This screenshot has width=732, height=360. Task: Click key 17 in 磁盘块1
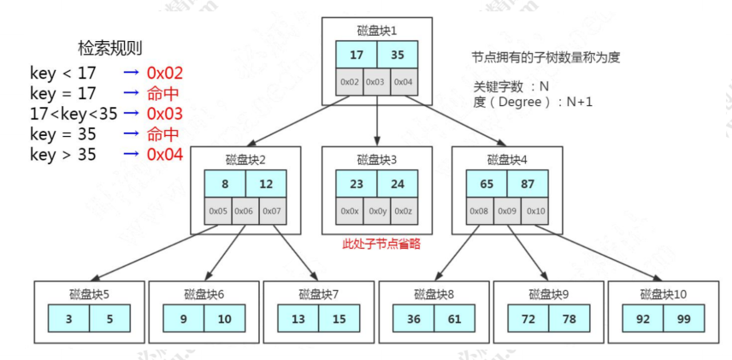pos(357,54)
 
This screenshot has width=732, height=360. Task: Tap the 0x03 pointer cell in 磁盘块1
pos(376,82)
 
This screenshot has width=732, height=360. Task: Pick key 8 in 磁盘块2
pos(225,184)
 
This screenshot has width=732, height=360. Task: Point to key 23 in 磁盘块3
pos(357,184)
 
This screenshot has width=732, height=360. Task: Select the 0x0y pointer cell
pos(376,211)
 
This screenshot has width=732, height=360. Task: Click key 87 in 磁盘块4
pos(527,184)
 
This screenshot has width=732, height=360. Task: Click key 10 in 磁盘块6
pos(224,319)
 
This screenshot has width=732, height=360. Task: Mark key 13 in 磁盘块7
pos(298,319)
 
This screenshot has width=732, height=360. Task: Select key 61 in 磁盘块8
pos(454,319)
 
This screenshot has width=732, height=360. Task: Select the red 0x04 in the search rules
pos(165,155)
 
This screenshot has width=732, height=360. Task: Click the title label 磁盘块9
pos(549,294)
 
